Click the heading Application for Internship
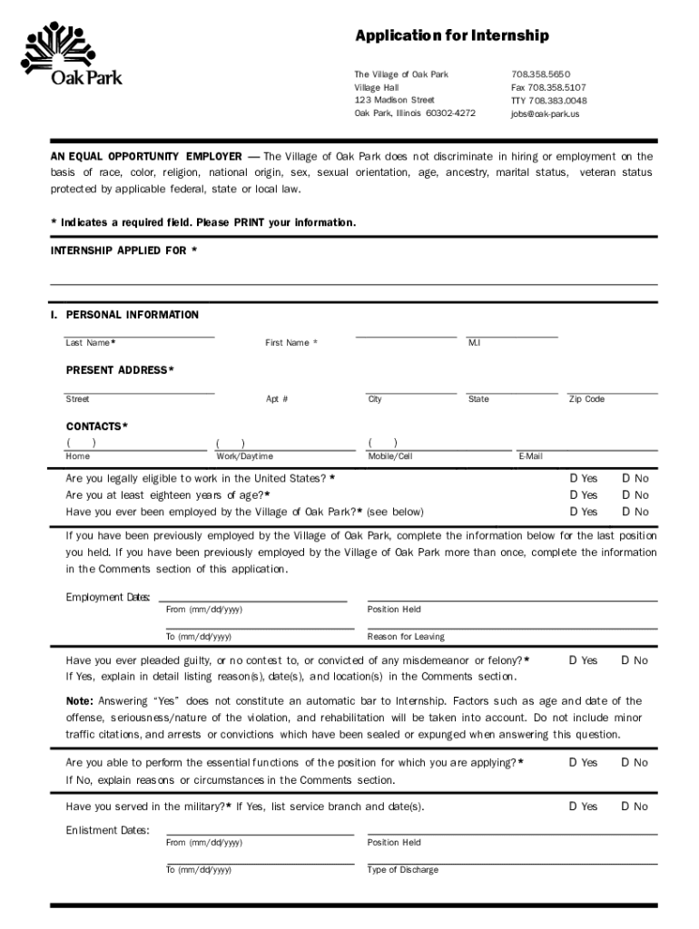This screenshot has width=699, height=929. [x=451, y=36]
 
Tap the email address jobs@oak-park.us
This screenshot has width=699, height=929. [x=544, y=114]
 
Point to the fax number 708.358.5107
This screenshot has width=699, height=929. [x=548, y=87]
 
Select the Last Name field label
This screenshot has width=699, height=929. [x=89, y=343]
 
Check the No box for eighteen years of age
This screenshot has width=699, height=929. [x=625, y=494]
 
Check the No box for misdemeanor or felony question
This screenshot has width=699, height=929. [x=625, y=660]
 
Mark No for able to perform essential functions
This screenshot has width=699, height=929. [x=625, y=763]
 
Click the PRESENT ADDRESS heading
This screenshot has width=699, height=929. [x=120, y=370]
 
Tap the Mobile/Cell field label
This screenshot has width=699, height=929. [x=389, y=456]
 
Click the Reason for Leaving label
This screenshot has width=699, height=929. [x=405, y=637]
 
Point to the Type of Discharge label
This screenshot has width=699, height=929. [x=402, y=870]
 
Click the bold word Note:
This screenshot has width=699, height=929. [x=79, y=701]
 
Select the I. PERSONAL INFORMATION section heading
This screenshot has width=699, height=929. [x=124, y=315]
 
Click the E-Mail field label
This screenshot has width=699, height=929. [x=530, y=456]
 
